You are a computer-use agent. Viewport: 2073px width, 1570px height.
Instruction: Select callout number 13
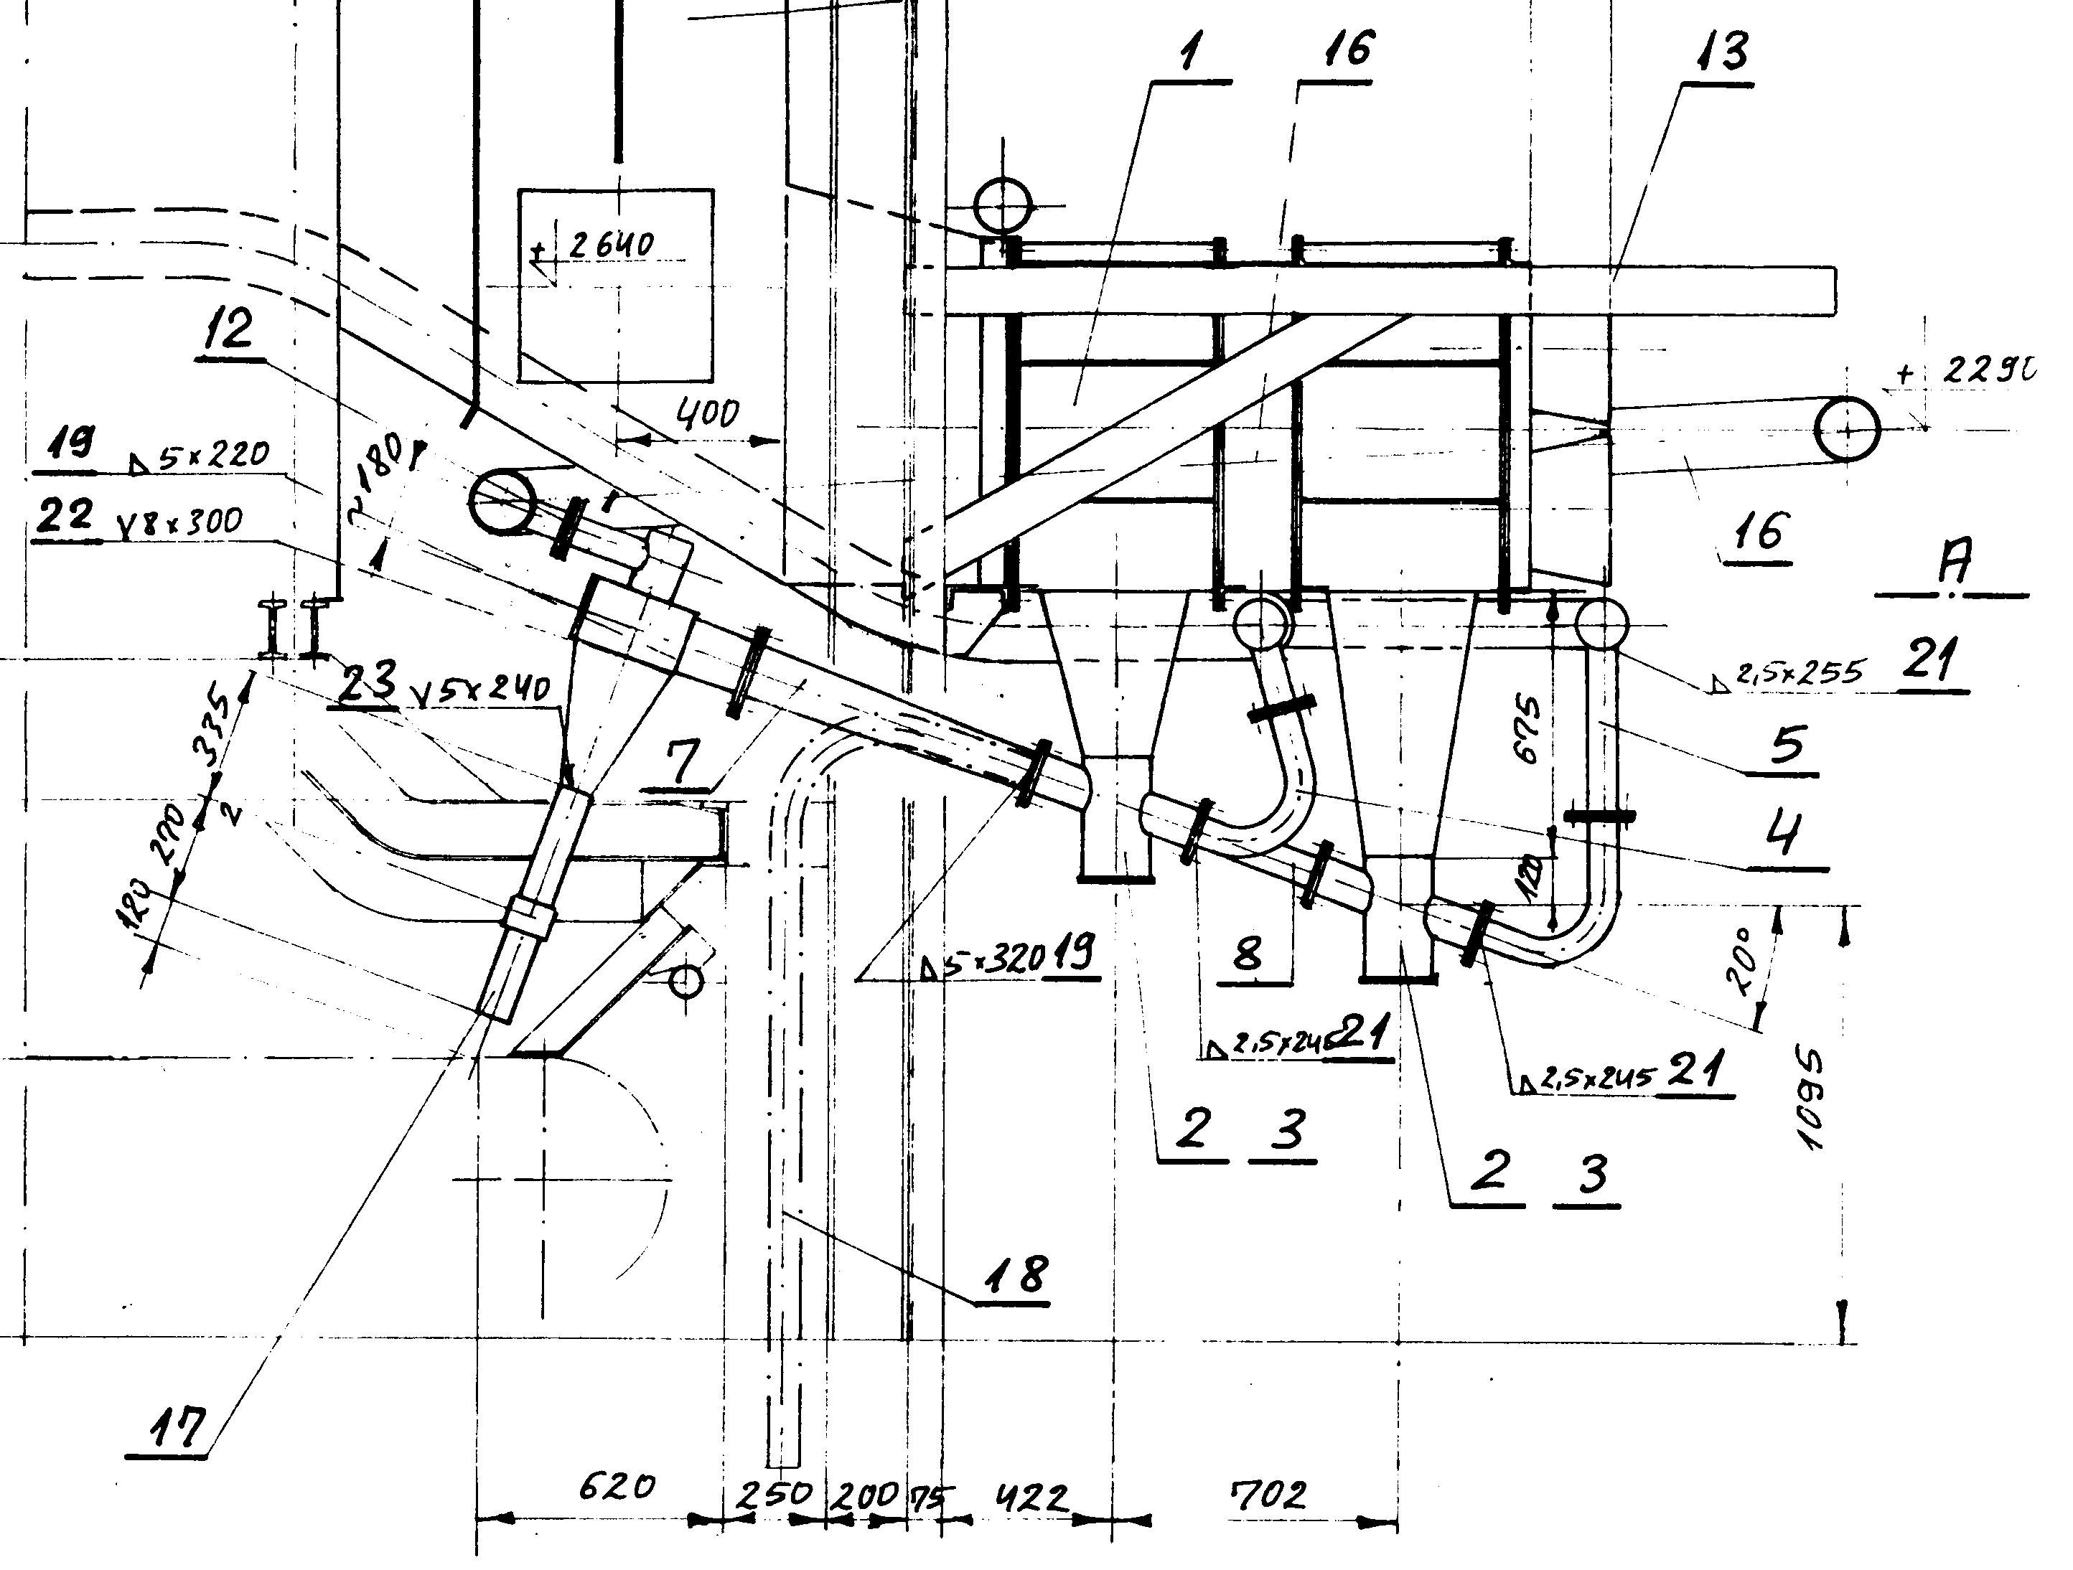coord(1723,52)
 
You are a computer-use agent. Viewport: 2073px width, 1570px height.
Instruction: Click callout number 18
coord(1019,1275)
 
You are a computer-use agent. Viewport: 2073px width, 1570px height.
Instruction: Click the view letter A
coord(1955,560)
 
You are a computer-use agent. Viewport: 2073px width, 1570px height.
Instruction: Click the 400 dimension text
coord(708,413)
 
